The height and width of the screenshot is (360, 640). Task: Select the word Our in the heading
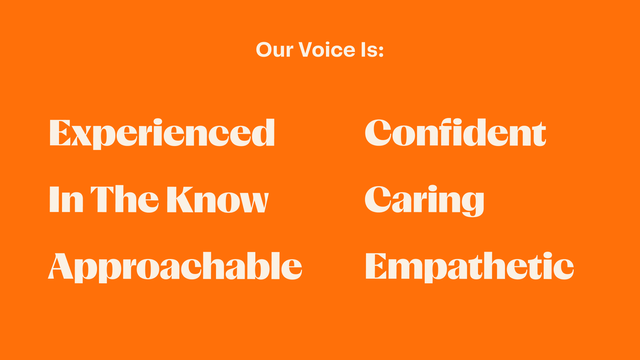pos(274,50)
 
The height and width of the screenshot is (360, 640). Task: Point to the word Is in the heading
pos(369,50)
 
